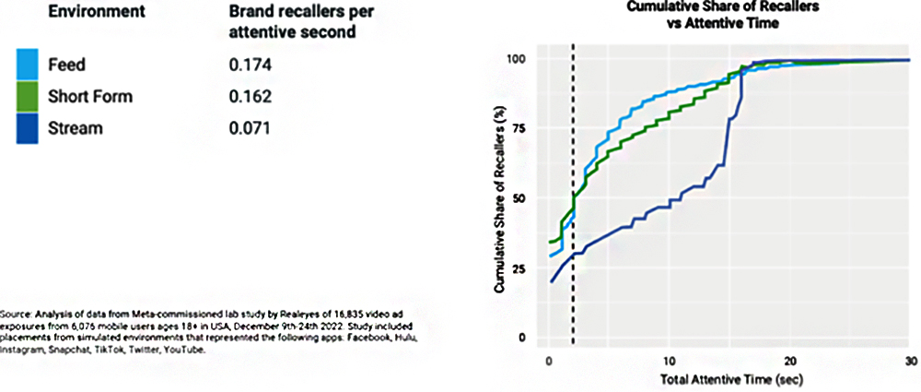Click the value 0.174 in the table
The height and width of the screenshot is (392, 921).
(x=250, y=65)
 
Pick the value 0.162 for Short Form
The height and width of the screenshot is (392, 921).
(x=250, y=97)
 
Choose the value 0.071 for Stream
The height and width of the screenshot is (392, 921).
(x=250, y=128)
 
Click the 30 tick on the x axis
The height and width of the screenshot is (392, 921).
(x=910, y=359)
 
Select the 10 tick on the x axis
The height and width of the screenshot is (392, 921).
(x=669, y=359)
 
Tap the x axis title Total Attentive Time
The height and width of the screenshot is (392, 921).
(x=729, y=379)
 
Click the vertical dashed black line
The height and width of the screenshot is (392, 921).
(x=573, y=184)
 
